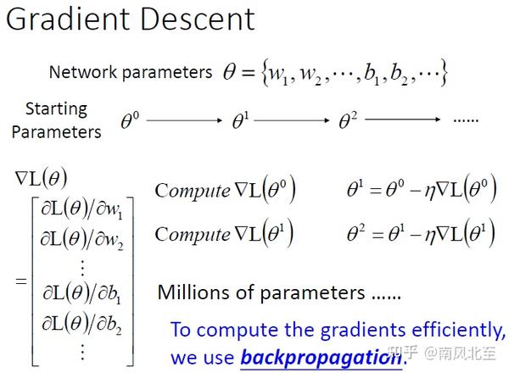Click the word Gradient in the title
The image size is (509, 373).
coord(68,19)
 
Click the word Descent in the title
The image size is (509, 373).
coord(198,19)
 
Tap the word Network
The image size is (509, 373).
coord(83,72)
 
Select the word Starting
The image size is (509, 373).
coord(57,109)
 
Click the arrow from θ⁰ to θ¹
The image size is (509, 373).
coord(184,120)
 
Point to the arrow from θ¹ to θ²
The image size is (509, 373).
coord(292,120)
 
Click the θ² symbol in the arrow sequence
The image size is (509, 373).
coord(348,120)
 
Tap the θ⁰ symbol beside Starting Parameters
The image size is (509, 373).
coord(130,120)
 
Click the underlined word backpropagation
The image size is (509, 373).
coord(321,358)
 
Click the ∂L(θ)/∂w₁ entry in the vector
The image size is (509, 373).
coord(81,210)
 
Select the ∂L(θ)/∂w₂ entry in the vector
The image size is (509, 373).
coord(81,239)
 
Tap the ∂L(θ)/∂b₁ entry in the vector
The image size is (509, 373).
coord(81,293)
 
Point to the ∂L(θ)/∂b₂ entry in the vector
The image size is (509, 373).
coord(81,323)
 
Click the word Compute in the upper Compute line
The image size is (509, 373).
coord(193,191)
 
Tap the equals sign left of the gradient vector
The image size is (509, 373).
coord(21,281)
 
